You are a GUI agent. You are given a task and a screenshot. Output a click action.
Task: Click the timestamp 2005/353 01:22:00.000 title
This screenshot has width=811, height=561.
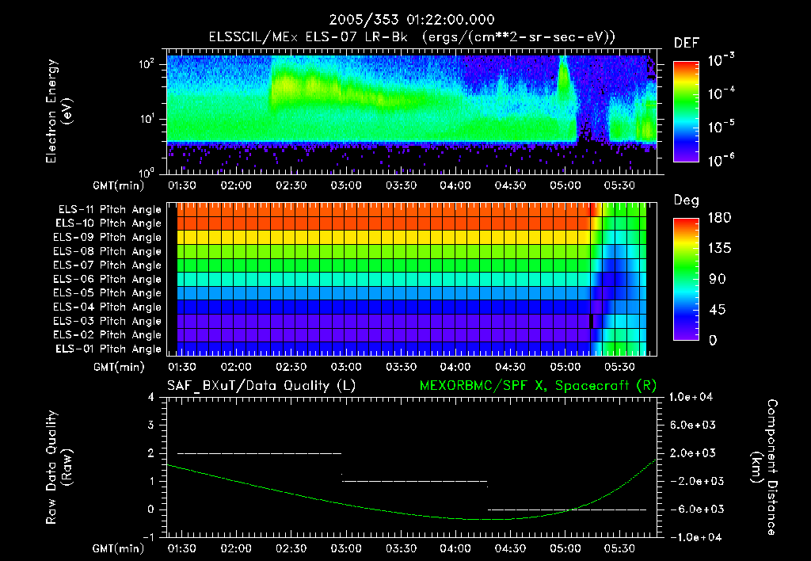[405, 20]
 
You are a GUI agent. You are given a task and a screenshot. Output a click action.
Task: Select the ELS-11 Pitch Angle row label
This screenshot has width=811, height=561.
[109, 209]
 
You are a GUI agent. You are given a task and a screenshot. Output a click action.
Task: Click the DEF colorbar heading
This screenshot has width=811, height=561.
[686, 43]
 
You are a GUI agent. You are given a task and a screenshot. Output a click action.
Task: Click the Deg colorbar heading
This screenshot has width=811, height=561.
[686, 200]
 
